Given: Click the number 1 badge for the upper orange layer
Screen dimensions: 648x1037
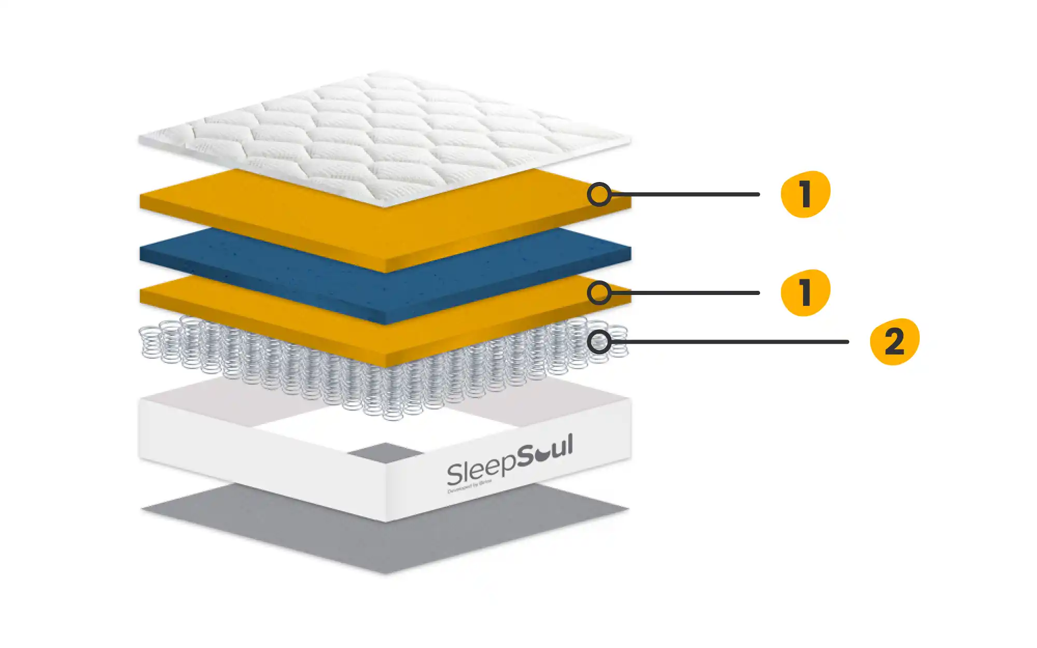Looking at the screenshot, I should tap(805, 194).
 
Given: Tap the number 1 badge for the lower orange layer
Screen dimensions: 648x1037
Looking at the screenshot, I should tap(805, 292).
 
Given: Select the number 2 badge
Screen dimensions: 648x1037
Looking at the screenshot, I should tap(894, 342).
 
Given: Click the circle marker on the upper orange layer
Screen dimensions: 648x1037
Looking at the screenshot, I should tap(599, 194).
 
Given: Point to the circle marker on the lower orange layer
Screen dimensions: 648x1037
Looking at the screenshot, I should tap(599, 293).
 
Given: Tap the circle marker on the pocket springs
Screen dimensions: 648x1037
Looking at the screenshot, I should tap(599, 342).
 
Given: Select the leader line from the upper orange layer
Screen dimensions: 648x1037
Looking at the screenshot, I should tap(684, 194).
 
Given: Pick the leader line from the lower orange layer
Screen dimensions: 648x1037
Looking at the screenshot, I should tap(684, 293).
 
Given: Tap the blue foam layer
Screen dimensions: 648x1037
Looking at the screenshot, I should tap(384, 280).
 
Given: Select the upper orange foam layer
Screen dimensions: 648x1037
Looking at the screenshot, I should tap(311, 218).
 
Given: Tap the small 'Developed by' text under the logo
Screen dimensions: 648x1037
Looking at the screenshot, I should tap(469, 487).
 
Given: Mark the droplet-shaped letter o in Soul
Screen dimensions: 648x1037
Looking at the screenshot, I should tap(542, 455).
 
